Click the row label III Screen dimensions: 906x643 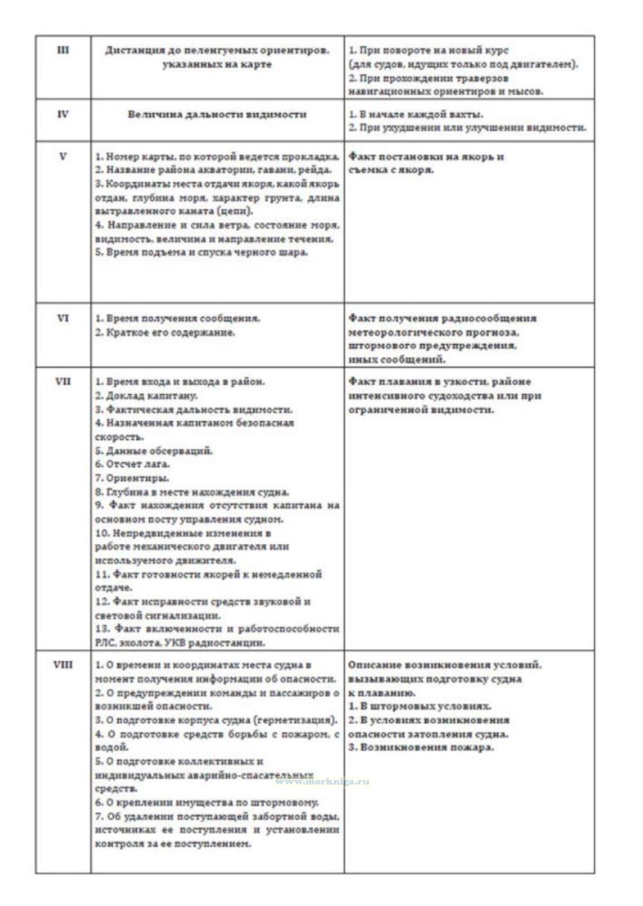63,50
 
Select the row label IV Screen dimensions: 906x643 63,114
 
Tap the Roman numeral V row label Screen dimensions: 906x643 63,156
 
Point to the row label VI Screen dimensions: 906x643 63,318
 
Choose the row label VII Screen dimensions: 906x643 63,382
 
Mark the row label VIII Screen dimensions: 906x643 63,665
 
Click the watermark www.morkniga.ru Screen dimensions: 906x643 322,781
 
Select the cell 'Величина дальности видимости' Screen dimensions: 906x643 217,114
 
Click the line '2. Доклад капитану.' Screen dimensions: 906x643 146,396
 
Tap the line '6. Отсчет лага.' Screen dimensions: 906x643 132,464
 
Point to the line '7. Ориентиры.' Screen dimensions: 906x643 132,478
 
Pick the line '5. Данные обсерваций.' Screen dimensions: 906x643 153,451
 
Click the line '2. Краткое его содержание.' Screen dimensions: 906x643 165,332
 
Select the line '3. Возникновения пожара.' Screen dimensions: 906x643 421,748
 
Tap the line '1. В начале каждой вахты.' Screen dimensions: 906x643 416,114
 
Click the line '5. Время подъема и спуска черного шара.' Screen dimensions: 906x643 201,253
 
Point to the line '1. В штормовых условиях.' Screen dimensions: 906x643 419,706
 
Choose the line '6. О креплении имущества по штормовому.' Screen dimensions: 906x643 206,803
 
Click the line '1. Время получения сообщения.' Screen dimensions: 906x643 177,318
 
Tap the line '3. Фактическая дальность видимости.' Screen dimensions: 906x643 193,410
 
